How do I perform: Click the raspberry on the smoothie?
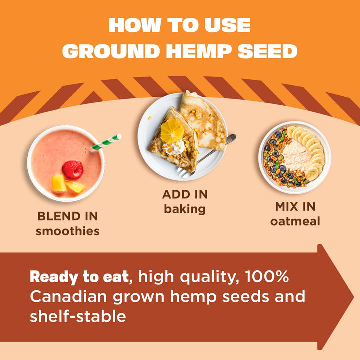[x=73, y=169]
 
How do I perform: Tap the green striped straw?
[x=106, y=142]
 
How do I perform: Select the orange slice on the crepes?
[x=172, y=130]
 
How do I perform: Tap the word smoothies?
[x=67, y=231]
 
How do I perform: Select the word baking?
[x=185, y=209]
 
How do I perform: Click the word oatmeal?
[x=295, y=221]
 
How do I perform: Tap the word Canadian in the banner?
[x=69, y=296]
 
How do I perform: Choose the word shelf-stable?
[x=78, y=316]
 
